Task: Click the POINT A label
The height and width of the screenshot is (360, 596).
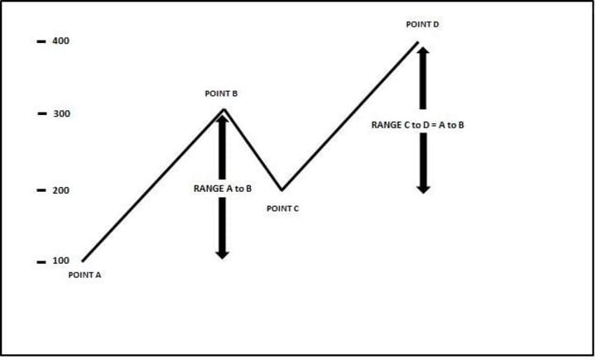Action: click(84, 275)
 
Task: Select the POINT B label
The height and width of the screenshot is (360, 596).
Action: click(221, 94)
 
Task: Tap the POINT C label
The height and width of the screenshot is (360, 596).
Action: click(282, 209)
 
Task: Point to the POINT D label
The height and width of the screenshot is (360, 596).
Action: click(422, 25)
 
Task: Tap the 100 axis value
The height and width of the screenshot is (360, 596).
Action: click(61, 262)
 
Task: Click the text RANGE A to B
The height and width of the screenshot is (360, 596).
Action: click(222, 189)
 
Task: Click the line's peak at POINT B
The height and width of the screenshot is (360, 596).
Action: click(223, 109)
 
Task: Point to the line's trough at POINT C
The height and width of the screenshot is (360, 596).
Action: click(281, 190)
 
